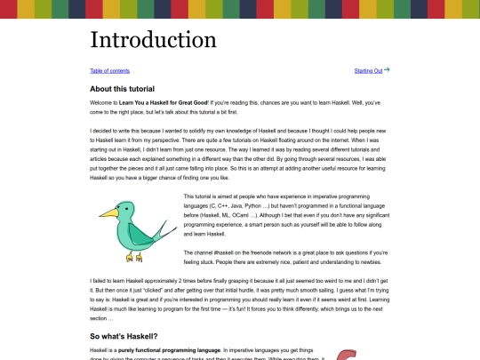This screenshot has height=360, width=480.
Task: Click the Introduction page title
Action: point(153,40)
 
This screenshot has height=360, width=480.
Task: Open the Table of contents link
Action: point(110,70)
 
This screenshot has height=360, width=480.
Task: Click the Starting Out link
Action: point(368,70)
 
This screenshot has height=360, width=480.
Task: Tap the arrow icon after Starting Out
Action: point(387,69)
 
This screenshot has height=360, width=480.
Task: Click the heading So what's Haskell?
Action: point(124,336)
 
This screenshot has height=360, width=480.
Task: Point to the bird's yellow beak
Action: point(104,212)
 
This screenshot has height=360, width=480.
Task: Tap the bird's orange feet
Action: point(133,257)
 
